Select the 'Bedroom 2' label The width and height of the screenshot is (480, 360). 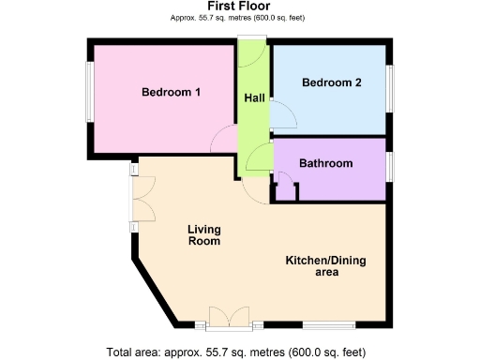tap(331, 82)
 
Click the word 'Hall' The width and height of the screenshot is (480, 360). tap(253, 98)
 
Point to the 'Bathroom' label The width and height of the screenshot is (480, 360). tap(325, 163)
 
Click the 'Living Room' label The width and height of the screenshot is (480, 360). tap(203, 234)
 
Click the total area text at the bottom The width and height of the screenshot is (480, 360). tap(241, 352)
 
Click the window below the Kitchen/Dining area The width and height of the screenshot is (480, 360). tap(327, 325)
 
